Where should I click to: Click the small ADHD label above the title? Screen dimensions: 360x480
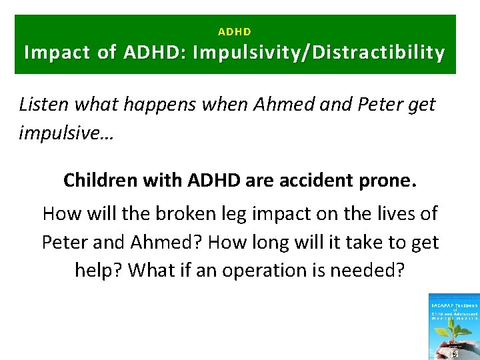[x=235, y=31]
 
